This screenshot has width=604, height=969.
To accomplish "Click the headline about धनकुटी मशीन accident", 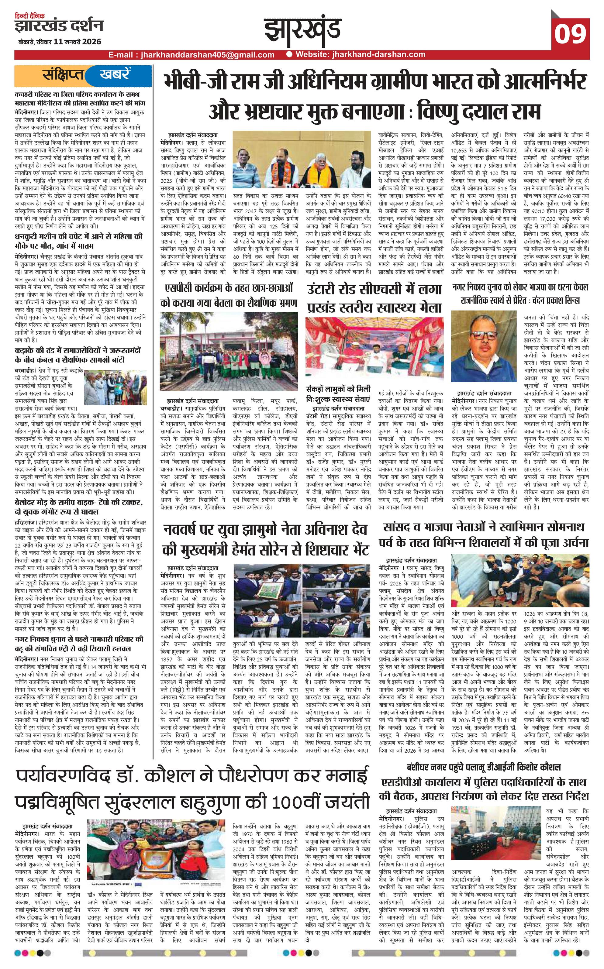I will pyautogui.click(x=78, y=240).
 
